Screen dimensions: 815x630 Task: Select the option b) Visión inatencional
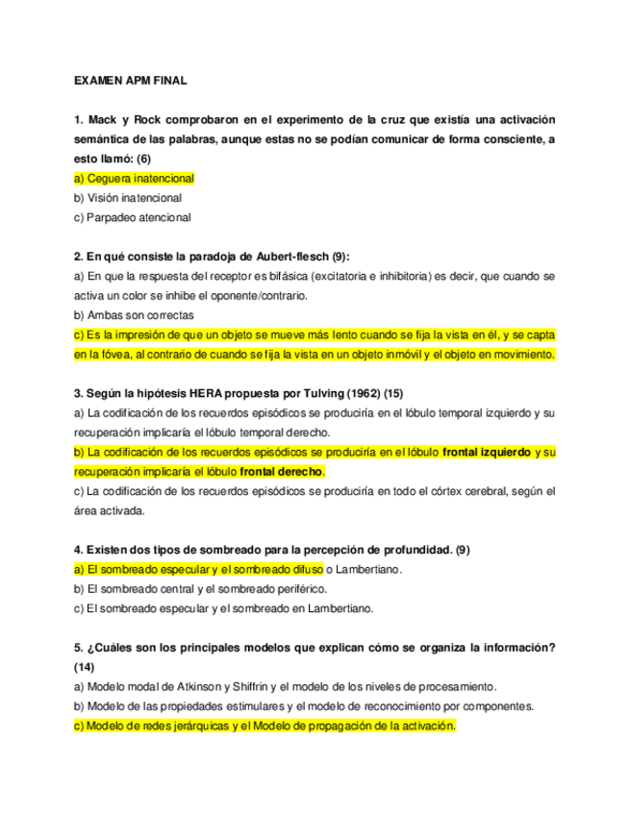[128, 198]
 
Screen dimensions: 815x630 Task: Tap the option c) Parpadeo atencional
[133, 217]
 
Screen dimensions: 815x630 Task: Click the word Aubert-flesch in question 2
[291, 257]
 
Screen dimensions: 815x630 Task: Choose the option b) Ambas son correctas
[134, 315]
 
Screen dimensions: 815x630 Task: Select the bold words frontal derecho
[281, 472]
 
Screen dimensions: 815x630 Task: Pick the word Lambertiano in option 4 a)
[366, 570]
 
